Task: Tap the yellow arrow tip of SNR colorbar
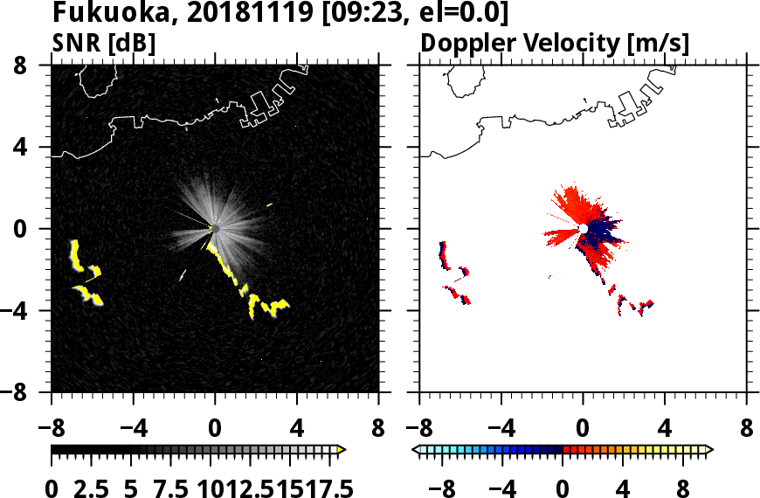(x=342, y=450)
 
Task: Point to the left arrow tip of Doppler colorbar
(x=416, y=450)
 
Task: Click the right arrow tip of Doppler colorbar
(x=710, y=450)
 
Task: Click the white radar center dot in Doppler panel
(x=582, y=229)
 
